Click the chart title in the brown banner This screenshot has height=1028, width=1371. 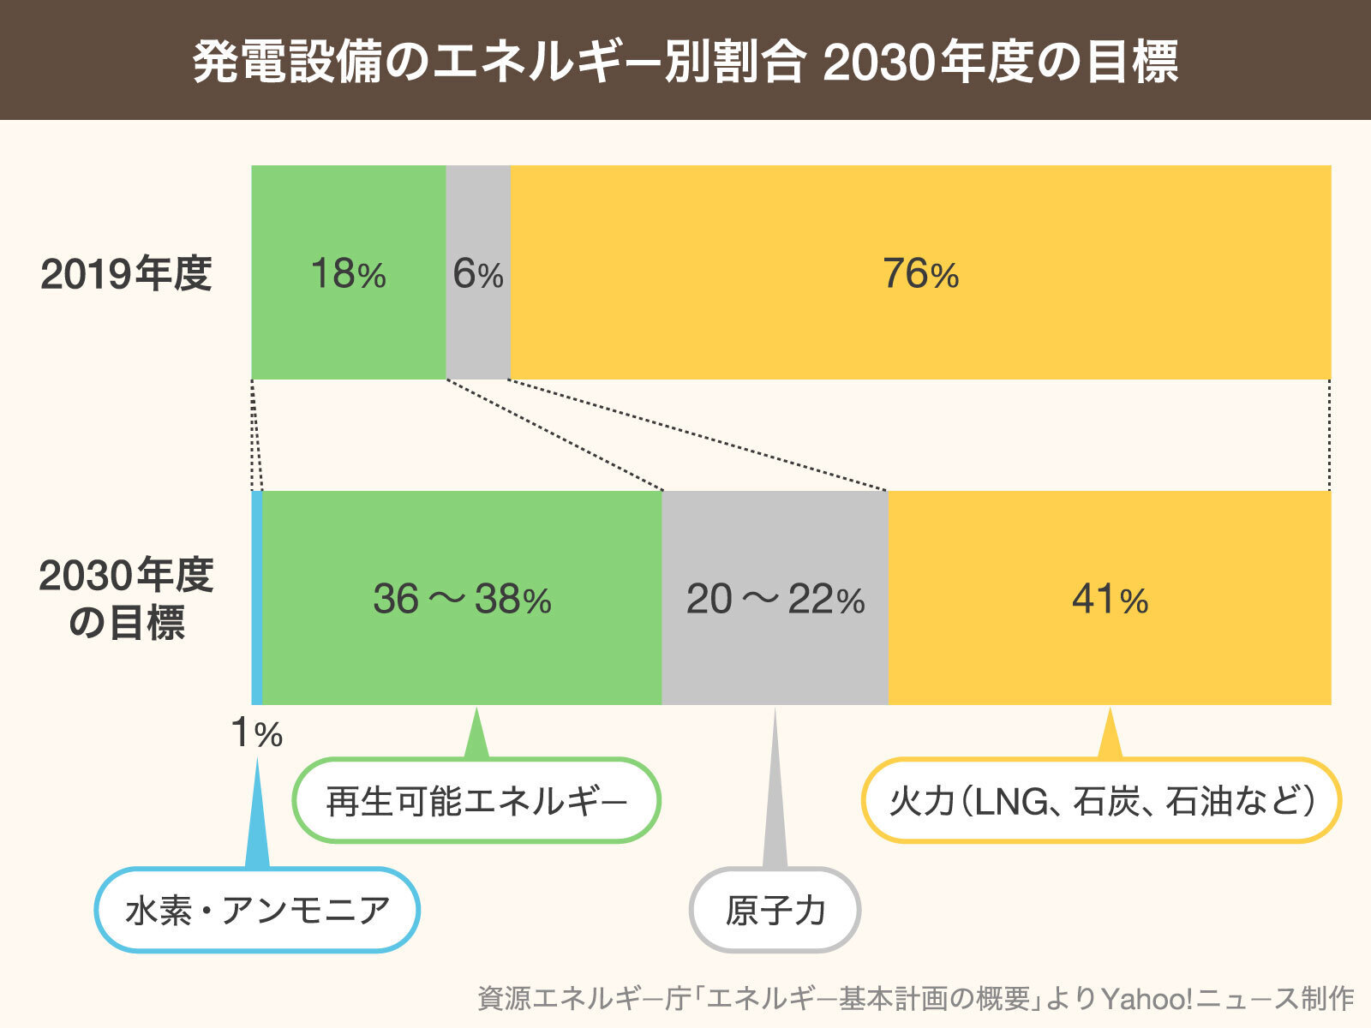point(685,62)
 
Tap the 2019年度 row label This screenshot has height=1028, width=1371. point(126,275)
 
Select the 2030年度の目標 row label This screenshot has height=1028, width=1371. point(126,599)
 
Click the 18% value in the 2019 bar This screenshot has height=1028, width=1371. point(348,275)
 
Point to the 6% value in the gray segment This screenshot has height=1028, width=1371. point(477,275)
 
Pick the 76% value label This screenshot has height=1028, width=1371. point(920,275)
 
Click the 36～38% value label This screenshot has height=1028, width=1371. point(462,599)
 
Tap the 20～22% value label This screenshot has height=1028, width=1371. point(775,599)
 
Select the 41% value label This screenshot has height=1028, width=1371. point(1110,599)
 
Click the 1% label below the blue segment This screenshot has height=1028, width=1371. point(256,734)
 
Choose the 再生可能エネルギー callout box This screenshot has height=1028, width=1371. point(476,801)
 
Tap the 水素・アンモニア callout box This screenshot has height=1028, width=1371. point(257,910)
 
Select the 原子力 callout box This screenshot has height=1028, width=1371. point(775,910)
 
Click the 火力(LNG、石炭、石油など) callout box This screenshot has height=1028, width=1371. point(1101,801)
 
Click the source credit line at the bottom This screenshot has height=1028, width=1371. point(915,999)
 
